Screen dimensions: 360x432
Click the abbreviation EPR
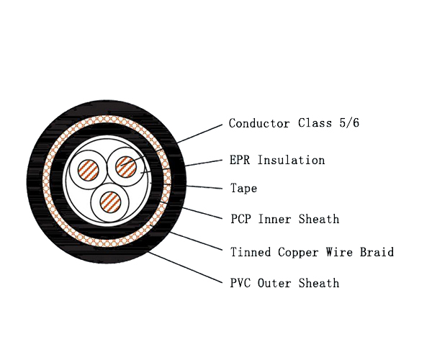[x=240, y=160]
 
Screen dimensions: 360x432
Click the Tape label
[x=243, y=189]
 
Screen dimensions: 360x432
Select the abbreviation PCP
[x=240, y=219]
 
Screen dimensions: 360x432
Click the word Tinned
[x=251, y=252]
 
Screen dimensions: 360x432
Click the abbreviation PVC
[x=240, y=283]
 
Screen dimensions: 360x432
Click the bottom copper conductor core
[x=109, y=199]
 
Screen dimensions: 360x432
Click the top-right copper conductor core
[x=126, y=166]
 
